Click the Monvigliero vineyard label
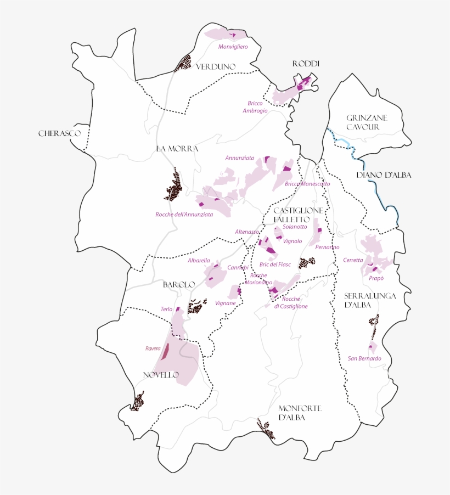233,47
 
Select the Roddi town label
306,64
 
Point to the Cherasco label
59,133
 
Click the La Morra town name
177,149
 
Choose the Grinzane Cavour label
367,122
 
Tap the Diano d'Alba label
384,175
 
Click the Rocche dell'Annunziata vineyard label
184,214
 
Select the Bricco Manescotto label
307,184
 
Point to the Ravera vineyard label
153,348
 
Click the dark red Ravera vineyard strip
165,351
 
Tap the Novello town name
161,375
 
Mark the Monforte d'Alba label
300,413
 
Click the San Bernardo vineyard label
364,358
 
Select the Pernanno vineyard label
327,247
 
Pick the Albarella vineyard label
199,260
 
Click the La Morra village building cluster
175,185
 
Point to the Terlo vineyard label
166,310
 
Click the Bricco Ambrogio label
255,106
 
